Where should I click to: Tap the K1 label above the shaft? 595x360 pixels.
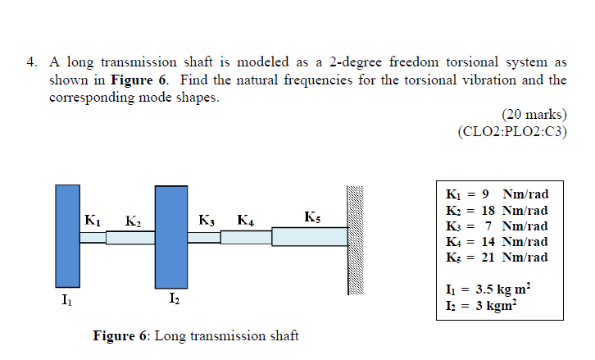tap(93, 219)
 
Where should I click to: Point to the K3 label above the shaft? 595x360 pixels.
tap(207, 220)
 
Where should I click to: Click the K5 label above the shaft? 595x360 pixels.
tap(311, 217)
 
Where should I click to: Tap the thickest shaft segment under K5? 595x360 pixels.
tap(309, 236)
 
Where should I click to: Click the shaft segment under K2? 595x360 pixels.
tap(130, 237)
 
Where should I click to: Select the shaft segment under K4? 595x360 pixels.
tap(246, 237)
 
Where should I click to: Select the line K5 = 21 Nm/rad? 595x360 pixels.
tap(496, 257)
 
